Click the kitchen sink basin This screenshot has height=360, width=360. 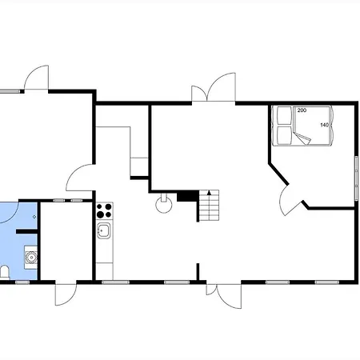pyautogui.click(x=103, y=230)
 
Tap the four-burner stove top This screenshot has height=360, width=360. pyautogui.click(x=104, y=210)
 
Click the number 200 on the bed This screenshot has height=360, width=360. pyautogui.click(x=302, y=110)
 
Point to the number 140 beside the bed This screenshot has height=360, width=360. pyautogui.click(x=324, y=125)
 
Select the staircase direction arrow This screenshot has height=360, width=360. pyautogui.click(x=209, y=192)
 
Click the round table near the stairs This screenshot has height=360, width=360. pyautogui.click(x=163, y=206)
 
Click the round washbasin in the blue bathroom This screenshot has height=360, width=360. pyautogui.click(x=31, y=258)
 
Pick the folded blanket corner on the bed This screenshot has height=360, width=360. pyautogui.click(x=302, y=138)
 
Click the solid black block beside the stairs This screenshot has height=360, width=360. pyautogui.click(x=188, y=196)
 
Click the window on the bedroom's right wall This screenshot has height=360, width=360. pyautogui.click(x=356, y=178)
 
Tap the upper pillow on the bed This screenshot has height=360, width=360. pyautogui.click(x=284, y=115)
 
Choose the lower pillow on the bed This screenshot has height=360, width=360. pyautogui.click(x=284, y=135)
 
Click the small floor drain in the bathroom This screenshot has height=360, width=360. pyautogui.click(x=34, y=217)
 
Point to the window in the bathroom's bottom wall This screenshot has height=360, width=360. pyautogui.click(x=22, y=282)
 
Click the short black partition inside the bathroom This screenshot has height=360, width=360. pyautogui.click(x=26, y=231)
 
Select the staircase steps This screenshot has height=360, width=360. pyautogui.click(x=210, y=205)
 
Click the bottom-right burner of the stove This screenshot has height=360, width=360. pyautogui.click(x=108, y=214)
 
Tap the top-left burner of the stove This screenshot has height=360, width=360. pyautogui.click(x=99, y=206)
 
